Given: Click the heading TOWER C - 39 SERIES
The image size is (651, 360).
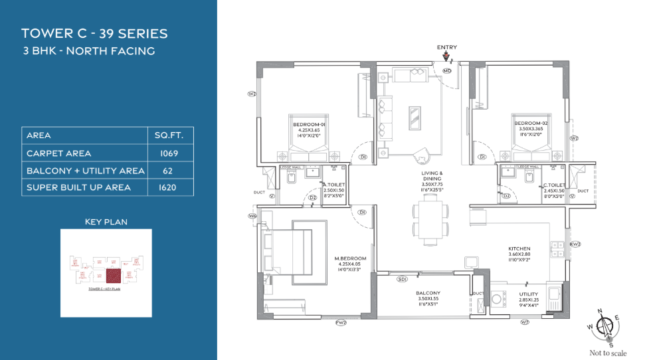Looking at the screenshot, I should tap(94, 33).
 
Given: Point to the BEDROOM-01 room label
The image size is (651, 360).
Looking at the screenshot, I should tap(310, 124).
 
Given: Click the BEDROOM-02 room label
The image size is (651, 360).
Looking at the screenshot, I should tap(529, 124).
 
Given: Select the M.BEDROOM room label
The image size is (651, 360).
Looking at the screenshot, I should tap(350, 258).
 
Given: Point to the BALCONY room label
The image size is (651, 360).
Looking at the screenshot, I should tap(428, 293).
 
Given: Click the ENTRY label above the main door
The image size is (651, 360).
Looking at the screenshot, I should tap(446, 47).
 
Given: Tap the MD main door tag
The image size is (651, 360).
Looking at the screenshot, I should tap(447, 70).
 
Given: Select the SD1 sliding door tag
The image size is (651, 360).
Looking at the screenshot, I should tap(402, 280).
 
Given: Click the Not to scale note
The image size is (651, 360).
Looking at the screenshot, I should tap(608, 353).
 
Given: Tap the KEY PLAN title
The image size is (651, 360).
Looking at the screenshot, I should tap(106, 221).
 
